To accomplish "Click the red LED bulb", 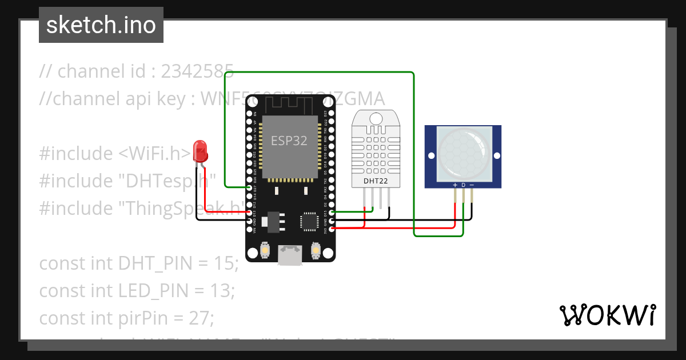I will click(201, 151).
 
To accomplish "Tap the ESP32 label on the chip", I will click(289, 141).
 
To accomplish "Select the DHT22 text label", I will click(376, 181).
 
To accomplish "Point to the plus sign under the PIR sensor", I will click(455, 185).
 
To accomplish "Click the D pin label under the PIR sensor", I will click(464, 185).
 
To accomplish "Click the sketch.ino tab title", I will click(101, 25).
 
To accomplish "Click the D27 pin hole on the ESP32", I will click(249, 187).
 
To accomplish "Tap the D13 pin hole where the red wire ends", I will click(249, 212).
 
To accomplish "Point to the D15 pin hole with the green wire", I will click(332, 212).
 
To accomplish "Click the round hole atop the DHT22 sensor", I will click(376, 118).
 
